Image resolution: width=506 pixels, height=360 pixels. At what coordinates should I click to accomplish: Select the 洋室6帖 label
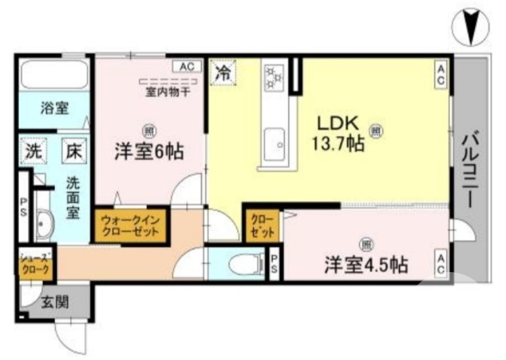tap(149, 151)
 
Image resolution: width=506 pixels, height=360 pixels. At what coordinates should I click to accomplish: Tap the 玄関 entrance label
tap(56, 302)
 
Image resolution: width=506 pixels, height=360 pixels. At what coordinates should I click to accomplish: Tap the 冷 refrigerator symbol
tap(224, 70)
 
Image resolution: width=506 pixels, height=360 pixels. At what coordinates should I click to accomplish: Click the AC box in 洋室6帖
tap(187, 66)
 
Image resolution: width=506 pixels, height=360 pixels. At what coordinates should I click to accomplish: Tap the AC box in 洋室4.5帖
tap(441, 263)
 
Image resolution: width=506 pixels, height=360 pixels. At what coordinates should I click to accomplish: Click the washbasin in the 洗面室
tap(44, 223)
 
